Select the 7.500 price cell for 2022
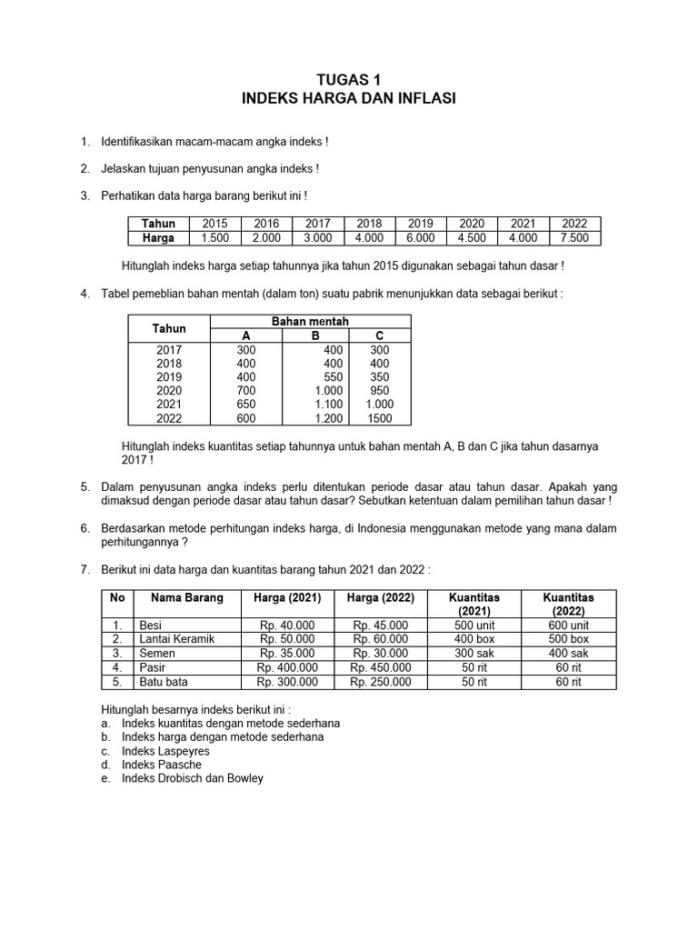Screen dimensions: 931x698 575,238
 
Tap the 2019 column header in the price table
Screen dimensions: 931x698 421,224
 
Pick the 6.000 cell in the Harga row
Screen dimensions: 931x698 421,238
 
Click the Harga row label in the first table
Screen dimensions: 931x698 157,238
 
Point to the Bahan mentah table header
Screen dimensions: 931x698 310,322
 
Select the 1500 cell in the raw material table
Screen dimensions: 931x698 380,418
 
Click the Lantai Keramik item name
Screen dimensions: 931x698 175,639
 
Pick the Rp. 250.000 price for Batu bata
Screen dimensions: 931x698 380,682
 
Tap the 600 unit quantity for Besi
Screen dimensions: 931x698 568,626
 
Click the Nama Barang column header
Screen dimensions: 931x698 181,598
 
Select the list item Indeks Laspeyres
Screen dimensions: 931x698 165,751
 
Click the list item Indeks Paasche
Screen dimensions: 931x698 162,765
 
